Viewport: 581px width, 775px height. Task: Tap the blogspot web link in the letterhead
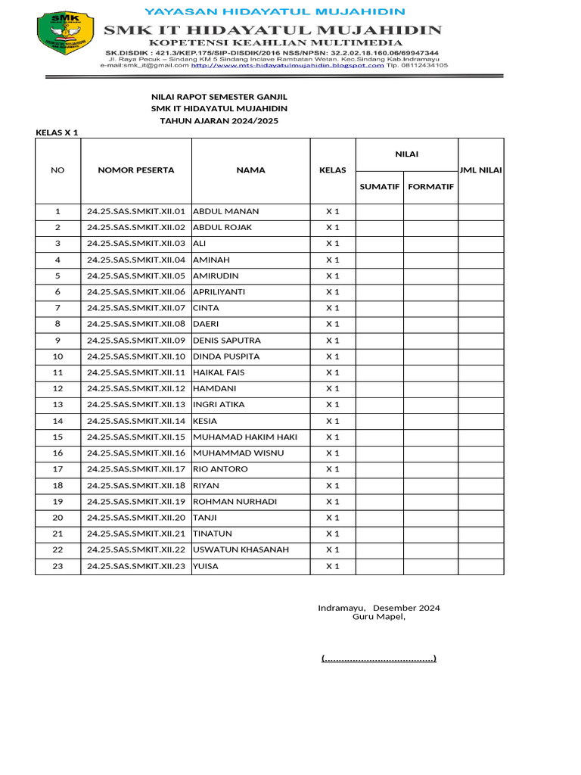tap(287, 66)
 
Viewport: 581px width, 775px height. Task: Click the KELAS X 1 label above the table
tap(57, 132)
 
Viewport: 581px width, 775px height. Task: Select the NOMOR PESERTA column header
tap(136, 170)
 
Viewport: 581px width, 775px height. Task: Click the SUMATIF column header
tap(379, 186)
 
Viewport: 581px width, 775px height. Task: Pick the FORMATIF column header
tap(430, 186)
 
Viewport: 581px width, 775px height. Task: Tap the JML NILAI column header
tap(481, 170)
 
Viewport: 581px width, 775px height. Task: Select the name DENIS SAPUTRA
tap(227, 340)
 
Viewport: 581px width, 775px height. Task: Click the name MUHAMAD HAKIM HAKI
tap(245, 437)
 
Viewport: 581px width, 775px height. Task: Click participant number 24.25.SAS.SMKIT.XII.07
tap(136, 308)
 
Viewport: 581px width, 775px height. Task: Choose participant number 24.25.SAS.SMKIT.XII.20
tap(136, 518)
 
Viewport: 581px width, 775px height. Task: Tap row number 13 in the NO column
tap(57, 405)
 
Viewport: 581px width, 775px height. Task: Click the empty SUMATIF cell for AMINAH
tap(379, 260)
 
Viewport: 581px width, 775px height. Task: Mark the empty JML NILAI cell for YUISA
tap(481, 566)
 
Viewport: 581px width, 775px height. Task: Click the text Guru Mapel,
tap(379, 617)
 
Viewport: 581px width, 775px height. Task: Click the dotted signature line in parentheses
tap(379, 658)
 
